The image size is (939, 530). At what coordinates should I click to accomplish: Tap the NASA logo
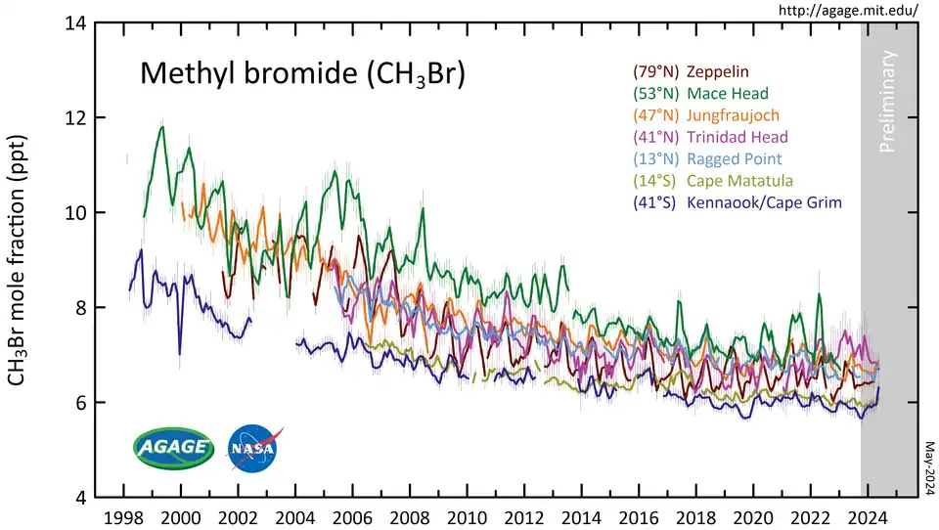252,447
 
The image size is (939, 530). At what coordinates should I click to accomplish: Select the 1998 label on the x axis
123,515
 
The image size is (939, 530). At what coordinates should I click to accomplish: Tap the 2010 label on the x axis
467,515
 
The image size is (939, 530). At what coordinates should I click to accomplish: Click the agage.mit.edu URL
847,11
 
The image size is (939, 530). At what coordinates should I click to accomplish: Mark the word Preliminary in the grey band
888,104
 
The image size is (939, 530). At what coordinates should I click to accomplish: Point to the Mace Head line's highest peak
161,126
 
